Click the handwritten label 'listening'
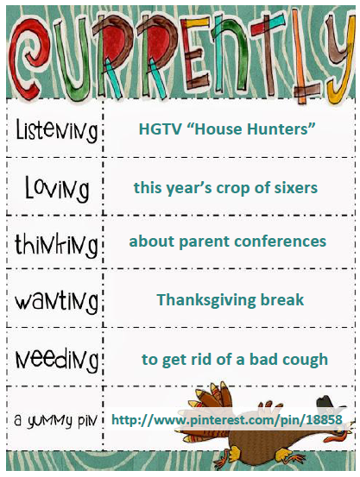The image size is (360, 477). (56, 131)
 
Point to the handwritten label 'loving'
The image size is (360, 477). (57, 188)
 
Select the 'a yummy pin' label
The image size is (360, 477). (55, 420)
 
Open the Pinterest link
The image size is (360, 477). (227, 420)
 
